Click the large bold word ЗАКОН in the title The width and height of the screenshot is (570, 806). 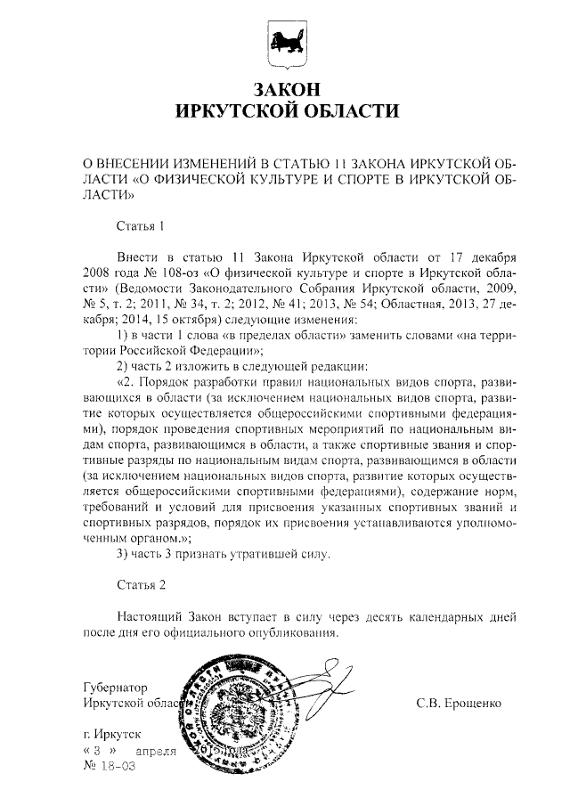pos(284,91)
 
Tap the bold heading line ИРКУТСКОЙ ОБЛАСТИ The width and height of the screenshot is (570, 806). pos(284,113)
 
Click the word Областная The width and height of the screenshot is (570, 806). pos(437,305)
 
